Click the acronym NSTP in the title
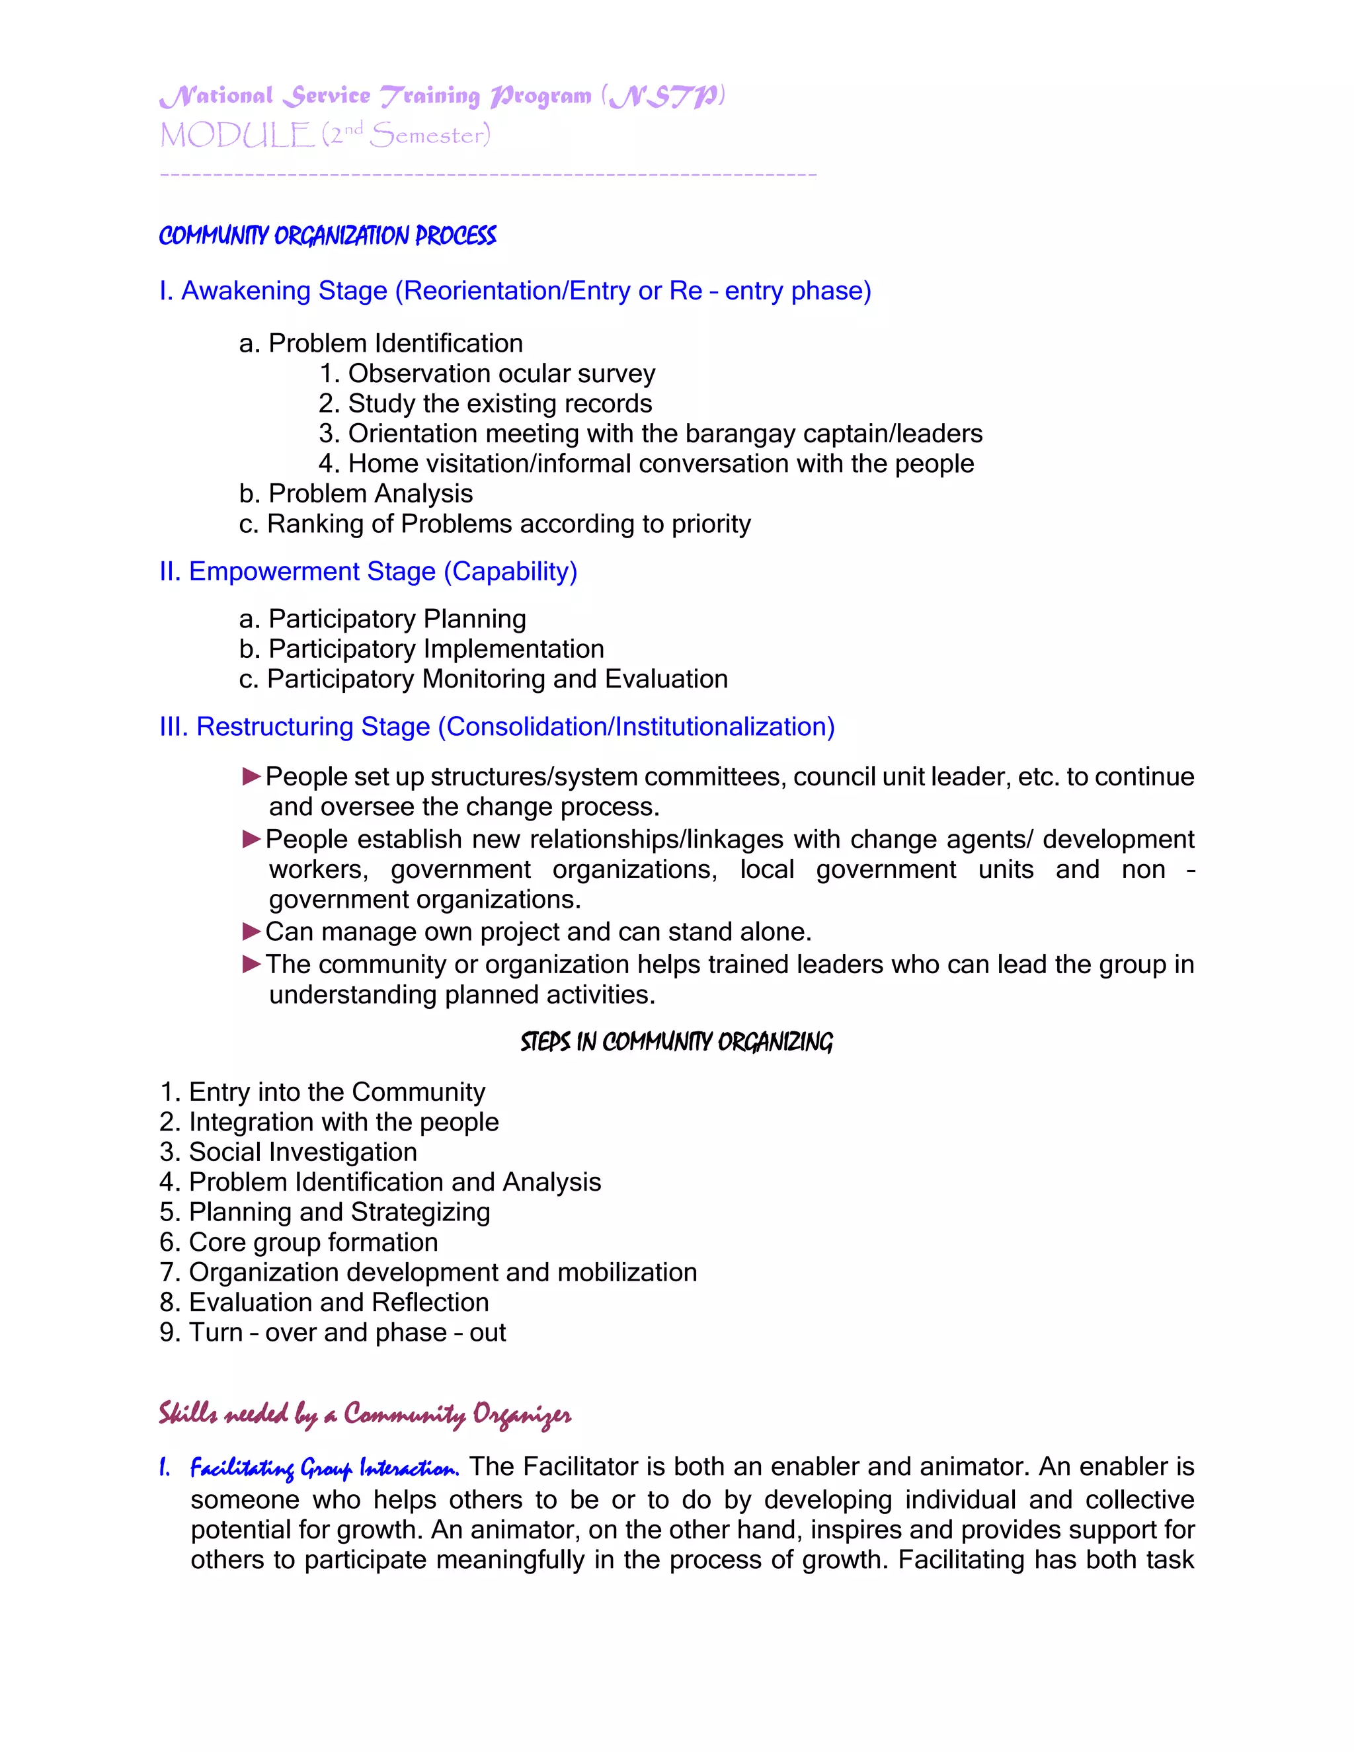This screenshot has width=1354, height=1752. click(662, 97)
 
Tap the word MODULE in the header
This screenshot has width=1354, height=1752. click(236, 136)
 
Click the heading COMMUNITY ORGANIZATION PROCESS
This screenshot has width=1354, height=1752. click(327, 236)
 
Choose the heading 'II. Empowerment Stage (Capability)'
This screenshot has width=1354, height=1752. click(368, 571)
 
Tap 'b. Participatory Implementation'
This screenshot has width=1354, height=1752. click(421, 649)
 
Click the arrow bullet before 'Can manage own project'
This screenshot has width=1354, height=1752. click(251, 932)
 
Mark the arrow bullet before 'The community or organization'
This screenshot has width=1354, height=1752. click(251, 964)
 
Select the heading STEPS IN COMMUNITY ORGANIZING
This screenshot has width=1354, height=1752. click(676, 1042)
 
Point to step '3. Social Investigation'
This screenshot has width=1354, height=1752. click(288, 1152)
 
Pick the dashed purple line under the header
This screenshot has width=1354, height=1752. click(488, 174)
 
